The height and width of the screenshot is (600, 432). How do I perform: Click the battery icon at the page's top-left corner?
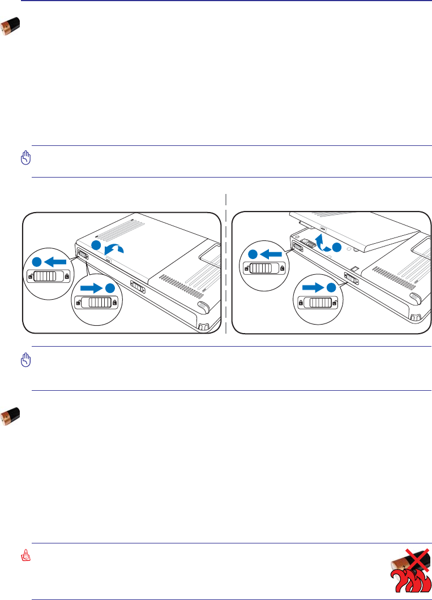(x=11, y=26)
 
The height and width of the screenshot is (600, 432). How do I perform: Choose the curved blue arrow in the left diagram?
(x=117, y=248)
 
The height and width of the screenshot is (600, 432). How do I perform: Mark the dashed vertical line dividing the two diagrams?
(x=226, y=266)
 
